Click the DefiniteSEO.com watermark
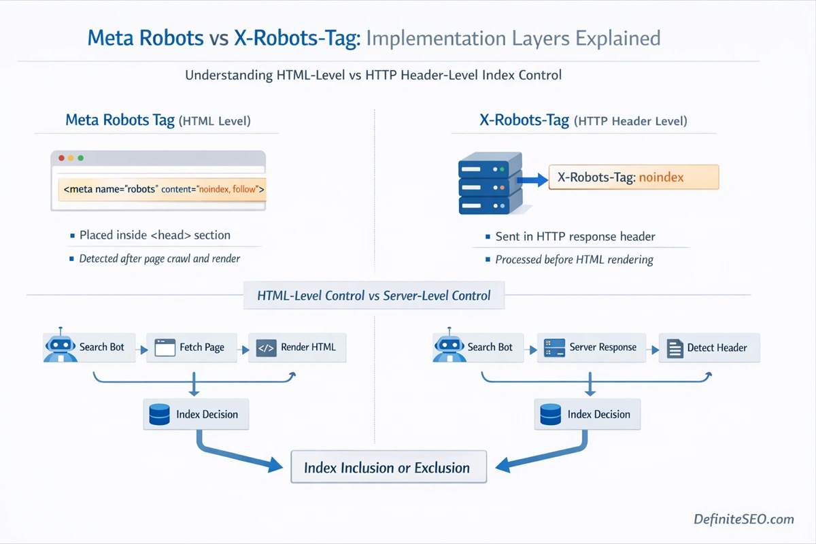coord(743,519)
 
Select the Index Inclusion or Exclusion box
coord(388,467)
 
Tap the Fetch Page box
coord(190,347)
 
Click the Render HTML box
coord(296,347)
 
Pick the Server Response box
coord(590,347)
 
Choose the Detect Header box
coord(709,347)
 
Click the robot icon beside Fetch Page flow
coord(60,347)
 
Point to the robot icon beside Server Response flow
coord(448,347)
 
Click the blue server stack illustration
coord(490,184)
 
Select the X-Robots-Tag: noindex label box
coord(633,177)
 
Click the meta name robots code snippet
coord(164,189)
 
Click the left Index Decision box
coord(196,414)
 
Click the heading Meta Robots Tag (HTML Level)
coord(158,121)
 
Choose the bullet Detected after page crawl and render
coord(159,258)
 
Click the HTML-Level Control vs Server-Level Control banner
coord(374,296)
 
